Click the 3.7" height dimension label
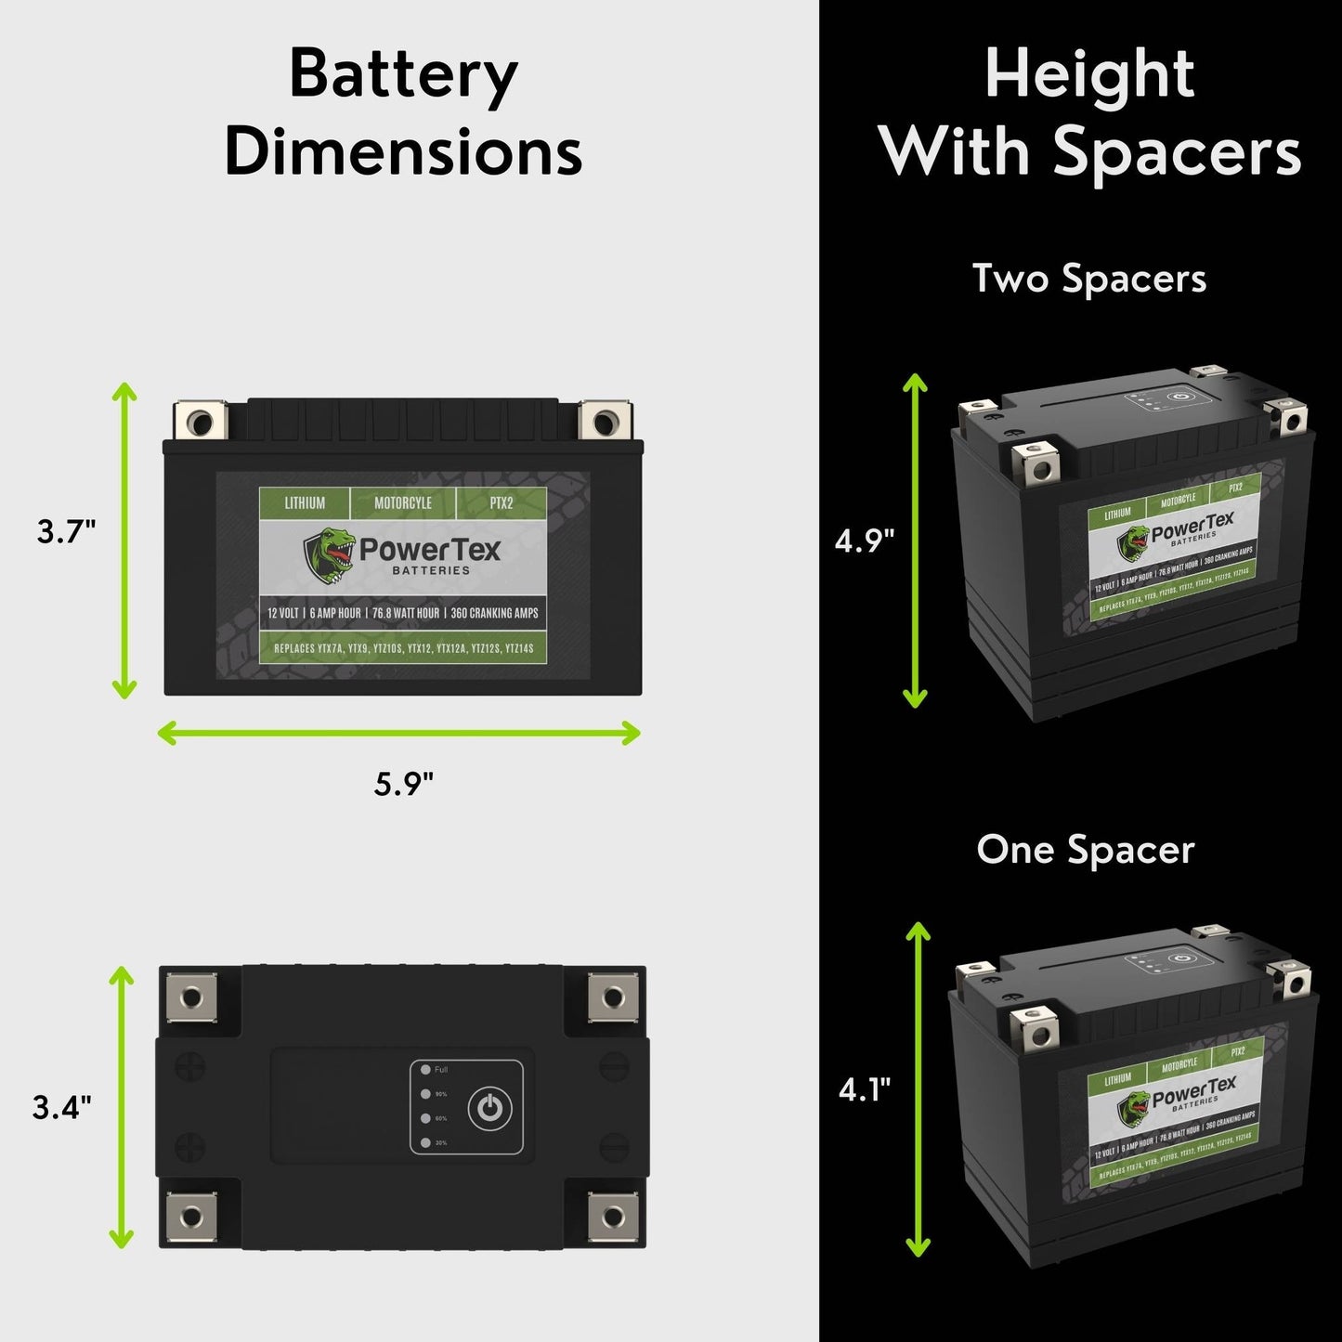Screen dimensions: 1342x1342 point(66,532)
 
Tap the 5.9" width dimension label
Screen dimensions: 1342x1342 point(403,785)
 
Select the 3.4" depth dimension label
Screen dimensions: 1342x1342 point(61,1107)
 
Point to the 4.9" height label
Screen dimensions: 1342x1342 point(864,541)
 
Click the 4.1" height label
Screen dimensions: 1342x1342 point(865,1088)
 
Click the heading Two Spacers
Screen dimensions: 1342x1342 point(1088,279)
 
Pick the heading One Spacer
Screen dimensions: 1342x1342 point(1085,850)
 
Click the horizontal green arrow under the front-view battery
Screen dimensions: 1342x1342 point(399,733)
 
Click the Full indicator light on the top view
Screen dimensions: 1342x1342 point(425,1070)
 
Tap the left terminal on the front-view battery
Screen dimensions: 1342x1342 point(200,423)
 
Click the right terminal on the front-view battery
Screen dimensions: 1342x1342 point(604,423)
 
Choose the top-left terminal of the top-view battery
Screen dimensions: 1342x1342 point(191,998)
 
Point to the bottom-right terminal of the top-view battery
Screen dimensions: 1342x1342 point(613,1216)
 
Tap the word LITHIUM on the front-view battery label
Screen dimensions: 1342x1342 point(305,503)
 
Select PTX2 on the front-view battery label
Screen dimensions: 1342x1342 point(502,503)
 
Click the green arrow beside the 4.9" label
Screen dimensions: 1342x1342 point(916,541)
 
